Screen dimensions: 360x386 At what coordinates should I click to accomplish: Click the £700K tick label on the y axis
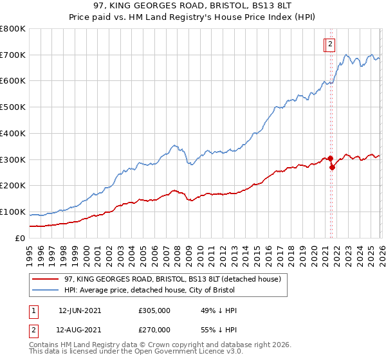[x=13, y=55]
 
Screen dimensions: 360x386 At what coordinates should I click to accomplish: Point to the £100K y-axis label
[x=13, y=212]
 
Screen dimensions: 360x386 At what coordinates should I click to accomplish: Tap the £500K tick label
[x=13, y=107]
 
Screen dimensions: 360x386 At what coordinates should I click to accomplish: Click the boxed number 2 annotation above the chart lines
[x=330, y=44]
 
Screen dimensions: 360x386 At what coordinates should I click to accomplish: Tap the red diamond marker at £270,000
[x=332, y=167]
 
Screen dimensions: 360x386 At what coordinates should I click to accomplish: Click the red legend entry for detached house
[x=172, y=279]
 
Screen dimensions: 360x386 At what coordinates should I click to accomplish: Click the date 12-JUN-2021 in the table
[x=80, y=310]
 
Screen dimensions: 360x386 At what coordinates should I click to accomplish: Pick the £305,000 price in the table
[x=154, y=310]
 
